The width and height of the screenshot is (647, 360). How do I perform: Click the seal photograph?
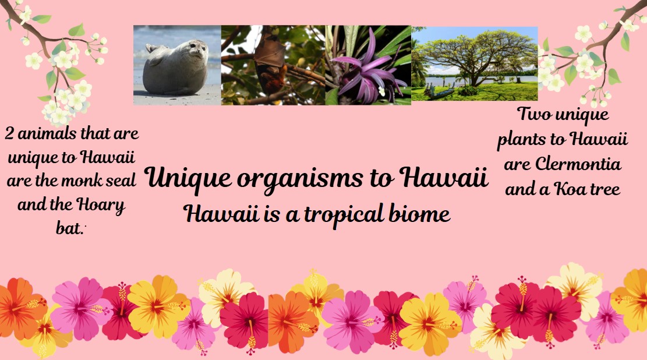point(177,65)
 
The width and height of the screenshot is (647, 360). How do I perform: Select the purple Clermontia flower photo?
point(368,65)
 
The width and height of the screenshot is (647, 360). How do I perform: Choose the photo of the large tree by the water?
point(475,63)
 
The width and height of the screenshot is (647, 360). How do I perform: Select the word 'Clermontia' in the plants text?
point(578,164)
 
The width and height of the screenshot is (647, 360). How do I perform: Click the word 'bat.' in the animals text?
point(70,228)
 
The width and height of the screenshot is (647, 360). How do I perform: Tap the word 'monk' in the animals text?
point(83,181)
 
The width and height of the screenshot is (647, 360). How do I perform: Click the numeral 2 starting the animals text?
point(9,134)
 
